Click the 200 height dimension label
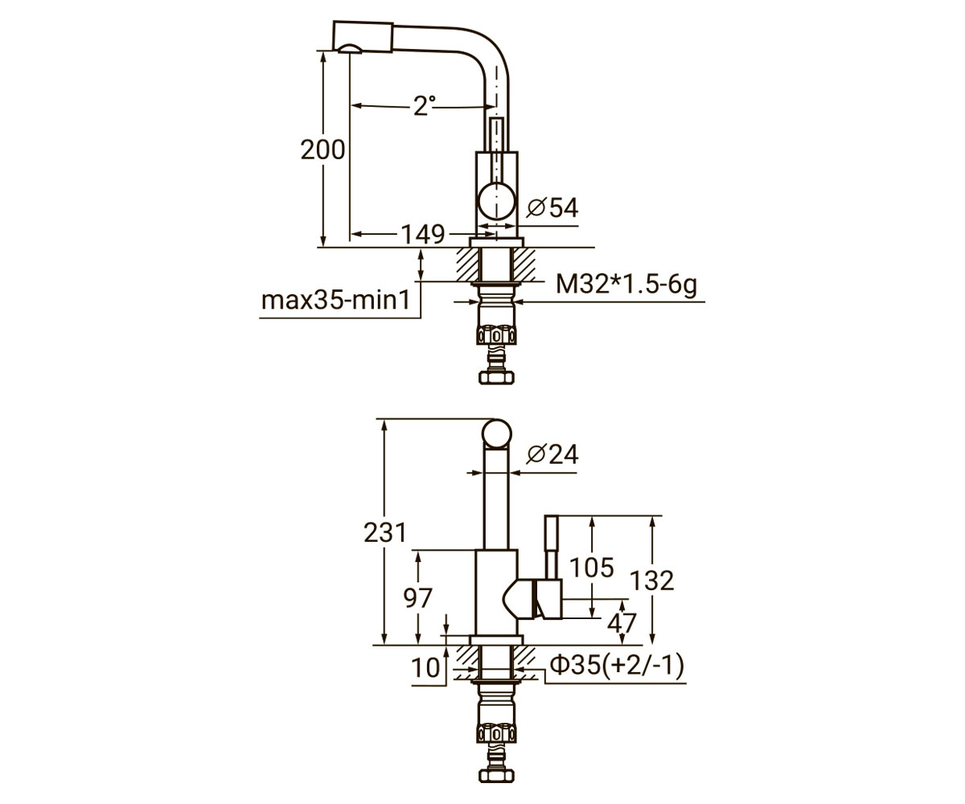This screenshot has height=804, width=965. pos(322,150)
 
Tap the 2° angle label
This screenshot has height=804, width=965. pos(425,106)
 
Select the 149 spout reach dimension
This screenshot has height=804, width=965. pos(422,234)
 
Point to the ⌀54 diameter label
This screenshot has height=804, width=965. pos(552,207)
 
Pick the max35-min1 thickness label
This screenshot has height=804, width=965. pos(335,300)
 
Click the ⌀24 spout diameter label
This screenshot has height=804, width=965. pos(552,454)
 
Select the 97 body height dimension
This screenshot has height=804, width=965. pos(418,597)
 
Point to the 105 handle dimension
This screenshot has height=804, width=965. pos(592,567)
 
